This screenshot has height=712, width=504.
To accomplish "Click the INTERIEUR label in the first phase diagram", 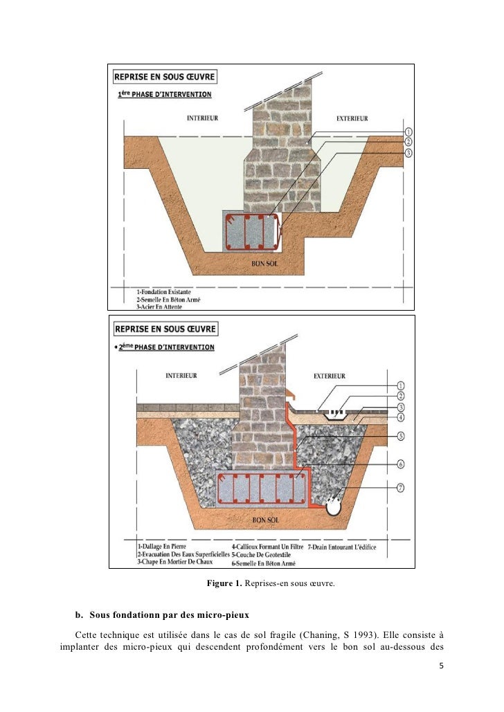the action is tap(202, 118).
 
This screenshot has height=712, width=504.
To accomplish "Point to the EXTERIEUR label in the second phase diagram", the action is tap(330, 376).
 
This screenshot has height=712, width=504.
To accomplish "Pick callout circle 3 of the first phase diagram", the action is tap(408, 152).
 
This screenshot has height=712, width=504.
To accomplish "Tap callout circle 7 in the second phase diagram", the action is tap(400, 488).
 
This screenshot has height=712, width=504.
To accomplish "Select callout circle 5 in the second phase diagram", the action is tap(400, 436).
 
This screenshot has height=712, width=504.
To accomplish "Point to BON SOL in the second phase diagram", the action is tap(264, 518).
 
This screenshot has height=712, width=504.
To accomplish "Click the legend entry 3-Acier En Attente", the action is tap(163, 306).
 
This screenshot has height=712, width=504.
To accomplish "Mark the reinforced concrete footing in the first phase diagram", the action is tap(252, 232).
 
